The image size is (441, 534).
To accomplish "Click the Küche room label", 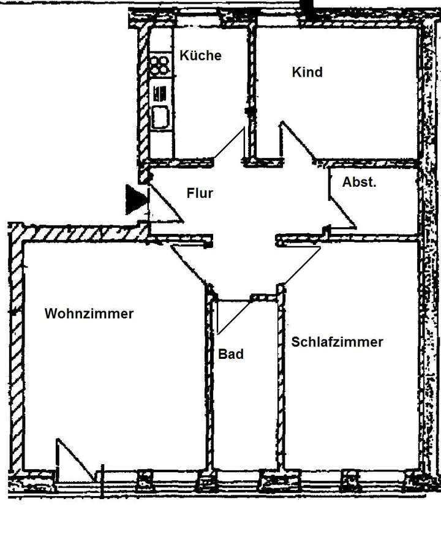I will click(x=200, y=55).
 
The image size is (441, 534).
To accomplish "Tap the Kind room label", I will click(x=307, y=72).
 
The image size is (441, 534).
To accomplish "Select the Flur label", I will click(x=200, y=193).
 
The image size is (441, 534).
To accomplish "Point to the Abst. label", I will click(x=359, y=182).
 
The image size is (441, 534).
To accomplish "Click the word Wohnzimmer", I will click(x=89, y=314).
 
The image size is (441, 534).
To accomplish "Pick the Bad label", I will click(x=231, y=354).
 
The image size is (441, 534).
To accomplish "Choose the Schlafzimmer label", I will click(x=337, y=342).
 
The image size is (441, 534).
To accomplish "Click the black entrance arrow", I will click(x=135, y=200).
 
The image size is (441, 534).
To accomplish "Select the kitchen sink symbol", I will click(x=160, y=116).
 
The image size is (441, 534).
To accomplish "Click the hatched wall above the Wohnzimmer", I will click(x=80, y=233).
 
